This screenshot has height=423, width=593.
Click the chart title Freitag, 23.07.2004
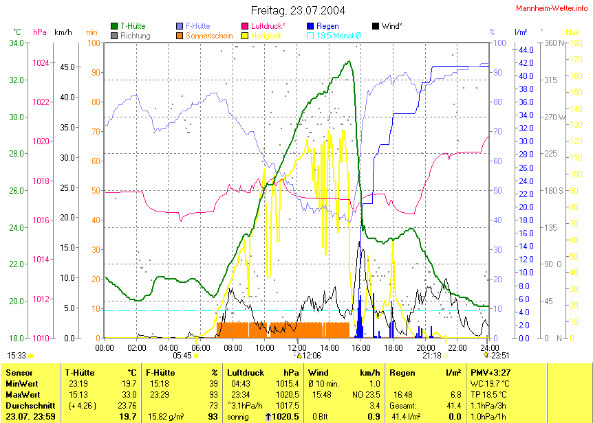(x=298, y=10)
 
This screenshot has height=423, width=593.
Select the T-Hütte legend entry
(x=132, y=25)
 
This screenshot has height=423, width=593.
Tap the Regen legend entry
(x=327, y=25)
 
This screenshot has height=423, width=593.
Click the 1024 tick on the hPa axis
(x=41, y=62)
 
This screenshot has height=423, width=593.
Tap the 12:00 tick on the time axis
(x=296, y=347)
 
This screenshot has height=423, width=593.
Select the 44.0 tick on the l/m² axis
(x=526, y=50)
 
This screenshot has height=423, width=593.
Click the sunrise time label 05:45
(x=182, y=356)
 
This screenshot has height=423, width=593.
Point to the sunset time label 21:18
(x=431, y=356)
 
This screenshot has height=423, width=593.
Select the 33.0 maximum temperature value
(x=129, y=394)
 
